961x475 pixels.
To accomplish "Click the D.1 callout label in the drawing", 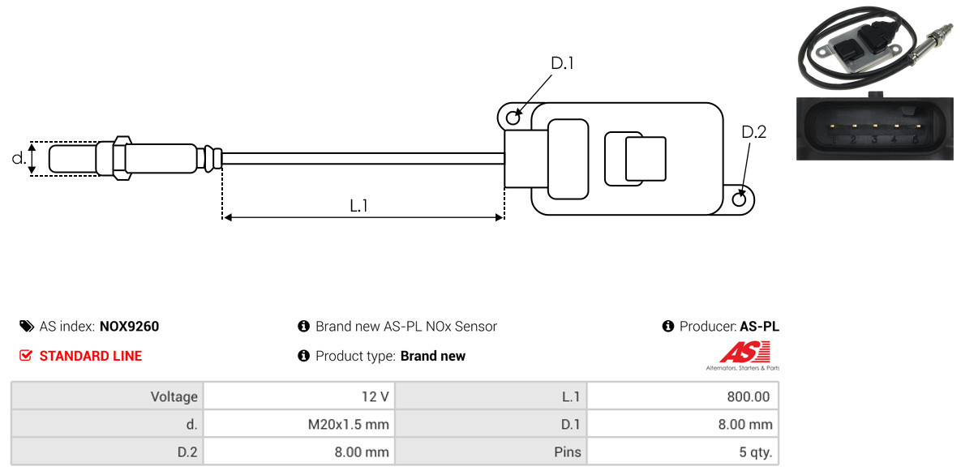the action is pyautogui.click(x=562, y=63).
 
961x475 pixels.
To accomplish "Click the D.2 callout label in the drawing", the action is pyautogui.click(x=754, y=132).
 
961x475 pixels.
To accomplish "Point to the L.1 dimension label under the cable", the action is pyautogui.click(x=358, y=206).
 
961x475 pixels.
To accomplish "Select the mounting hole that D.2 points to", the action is pyautogui.click(x=740, y=199).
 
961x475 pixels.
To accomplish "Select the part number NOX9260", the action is pyautogui.click(x=129, y=326).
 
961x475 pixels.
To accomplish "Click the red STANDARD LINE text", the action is pyautogui.click(x=91, y=356).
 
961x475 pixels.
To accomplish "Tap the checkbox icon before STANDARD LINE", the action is pyautogui.click(x=25, y=356).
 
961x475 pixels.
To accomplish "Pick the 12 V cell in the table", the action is pyautogui.click(x=299, y=396).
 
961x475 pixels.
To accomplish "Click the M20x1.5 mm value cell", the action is pyautogui.click(x=299, y=424).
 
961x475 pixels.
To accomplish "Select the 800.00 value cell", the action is pyautogui.click(x=683, y=396).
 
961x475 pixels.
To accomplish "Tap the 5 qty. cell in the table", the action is pyautogui.click(x=683, y=452).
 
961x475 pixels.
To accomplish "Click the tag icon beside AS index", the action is pyautogui.click(x=26, y=326).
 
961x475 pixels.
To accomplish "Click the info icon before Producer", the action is pyautogui.click(x=668, y=326).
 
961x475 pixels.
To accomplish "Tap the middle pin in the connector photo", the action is pyautogui.click(x=874, y=126).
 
